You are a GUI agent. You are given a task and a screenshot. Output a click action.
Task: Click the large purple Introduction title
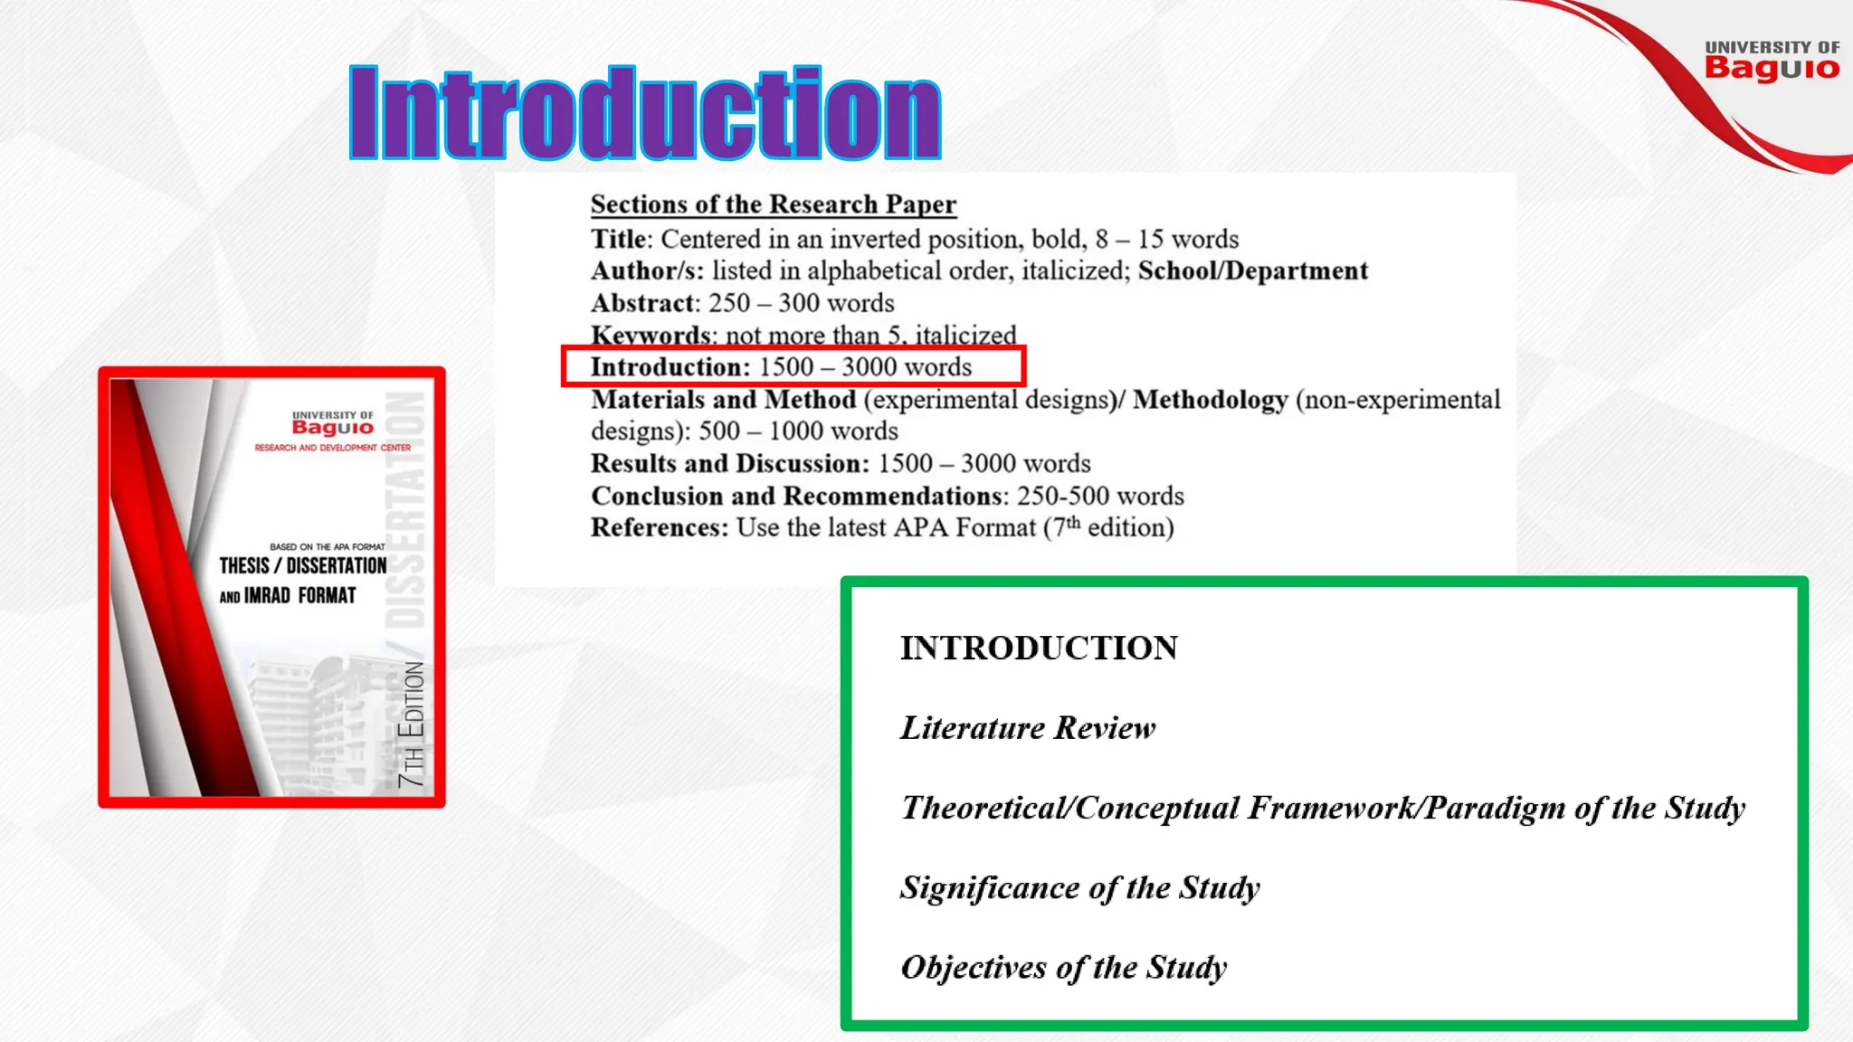tap(645, 114)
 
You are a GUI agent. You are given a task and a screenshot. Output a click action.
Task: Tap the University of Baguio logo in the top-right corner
tap(1772, 62)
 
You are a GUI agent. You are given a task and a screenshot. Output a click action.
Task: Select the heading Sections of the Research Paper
tap(773, 204)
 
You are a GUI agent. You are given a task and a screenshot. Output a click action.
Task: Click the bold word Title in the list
tap(619, 239)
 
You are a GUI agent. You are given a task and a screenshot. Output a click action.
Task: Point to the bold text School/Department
tap(1252, 270)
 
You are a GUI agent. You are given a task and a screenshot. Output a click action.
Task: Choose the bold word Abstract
tap(642, 303)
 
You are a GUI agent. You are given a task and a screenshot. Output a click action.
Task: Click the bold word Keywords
tap(651, 335)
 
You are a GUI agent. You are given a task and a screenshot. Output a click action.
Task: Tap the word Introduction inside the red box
tap(670, 367)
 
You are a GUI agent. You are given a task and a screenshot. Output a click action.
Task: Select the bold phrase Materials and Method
tap(723, 400)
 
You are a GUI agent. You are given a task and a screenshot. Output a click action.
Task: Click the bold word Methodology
tap(1210, 400)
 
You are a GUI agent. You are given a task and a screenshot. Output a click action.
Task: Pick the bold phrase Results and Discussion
tap(727, 463)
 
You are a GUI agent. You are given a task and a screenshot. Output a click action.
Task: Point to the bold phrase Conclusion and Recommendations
tap(796, 496)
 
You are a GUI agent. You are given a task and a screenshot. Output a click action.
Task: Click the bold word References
tap(658, 527)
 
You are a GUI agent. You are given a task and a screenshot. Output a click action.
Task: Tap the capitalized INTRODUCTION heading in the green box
tap(1039, 648)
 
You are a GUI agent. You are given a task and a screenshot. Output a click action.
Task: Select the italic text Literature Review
tap(1028, 728)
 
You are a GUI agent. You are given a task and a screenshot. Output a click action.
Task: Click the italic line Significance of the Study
tap(1079, 888)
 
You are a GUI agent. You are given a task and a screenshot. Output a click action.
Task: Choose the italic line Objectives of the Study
tap(1063, 968)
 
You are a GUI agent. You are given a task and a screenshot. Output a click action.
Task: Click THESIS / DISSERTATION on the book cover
tap(302, 566)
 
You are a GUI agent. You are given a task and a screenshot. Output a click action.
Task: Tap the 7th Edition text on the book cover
tap(412, 724)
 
